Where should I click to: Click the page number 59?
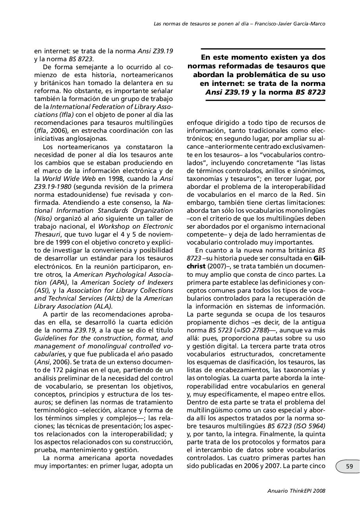[349, 466]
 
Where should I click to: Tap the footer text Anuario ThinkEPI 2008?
[296, 491]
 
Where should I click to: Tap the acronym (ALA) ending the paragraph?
[103, 306]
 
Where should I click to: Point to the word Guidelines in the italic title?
[49, 338]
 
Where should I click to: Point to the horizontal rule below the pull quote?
[265, 101]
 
